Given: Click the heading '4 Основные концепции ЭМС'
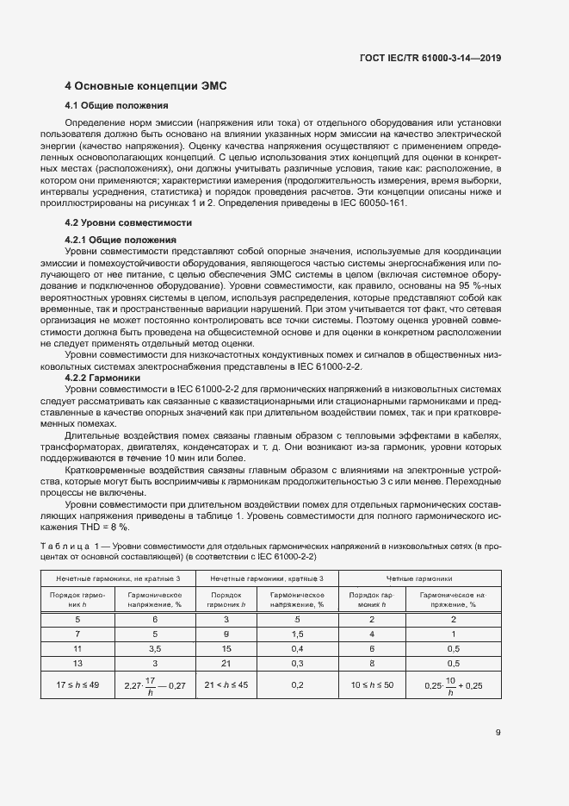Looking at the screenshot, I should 145,87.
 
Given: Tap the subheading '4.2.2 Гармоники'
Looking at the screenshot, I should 99,378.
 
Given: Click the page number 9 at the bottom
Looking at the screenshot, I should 498,733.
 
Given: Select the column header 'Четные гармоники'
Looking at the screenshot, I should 421,578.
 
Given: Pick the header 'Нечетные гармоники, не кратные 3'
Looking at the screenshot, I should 119,578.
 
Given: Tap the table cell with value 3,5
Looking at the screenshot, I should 155,647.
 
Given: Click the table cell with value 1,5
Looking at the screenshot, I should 296,633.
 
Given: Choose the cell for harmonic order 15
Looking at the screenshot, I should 226,647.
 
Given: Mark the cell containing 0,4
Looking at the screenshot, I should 296,647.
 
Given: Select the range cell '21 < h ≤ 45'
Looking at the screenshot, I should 226,684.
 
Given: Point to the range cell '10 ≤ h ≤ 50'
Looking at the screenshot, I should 373,684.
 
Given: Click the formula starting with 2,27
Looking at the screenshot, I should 155,685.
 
